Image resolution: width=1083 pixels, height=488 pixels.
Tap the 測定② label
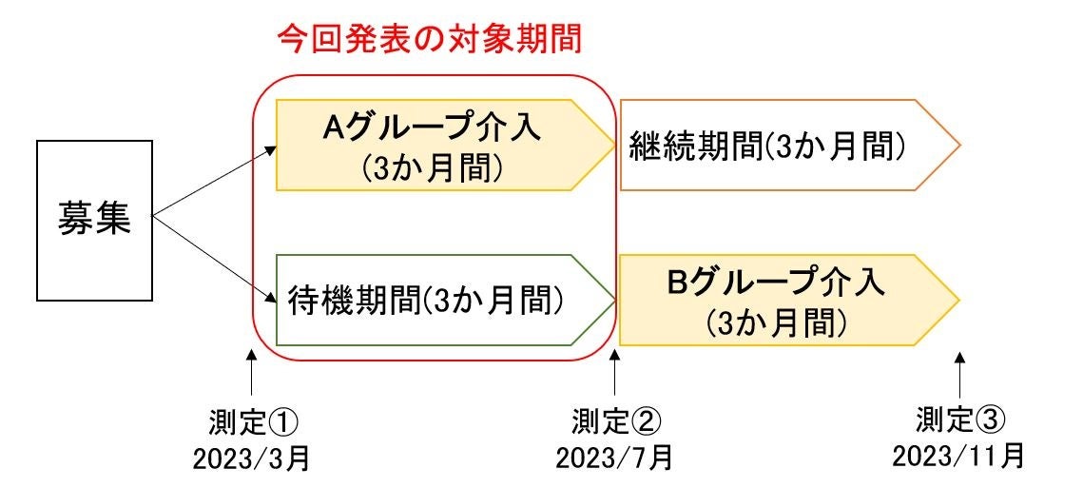click(615, 420)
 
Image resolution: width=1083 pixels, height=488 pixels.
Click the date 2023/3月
click(251, 459)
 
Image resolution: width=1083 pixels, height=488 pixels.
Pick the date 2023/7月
click(615, 459)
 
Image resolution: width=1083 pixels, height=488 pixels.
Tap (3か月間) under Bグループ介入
click(776, 323)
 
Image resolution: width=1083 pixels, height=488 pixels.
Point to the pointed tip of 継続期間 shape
click(958, 145)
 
